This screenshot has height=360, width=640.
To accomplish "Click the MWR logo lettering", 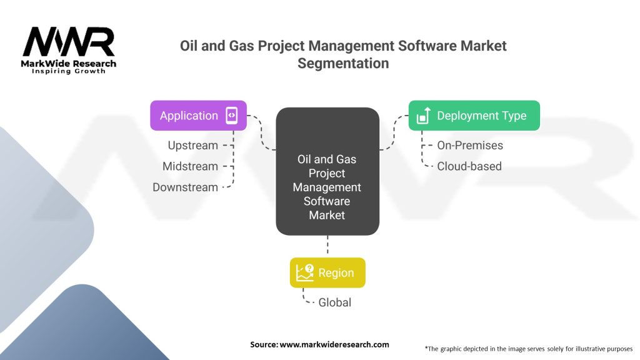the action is coord(69,42).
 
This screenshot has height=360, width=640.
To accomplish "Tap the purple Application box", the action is coord(198,116).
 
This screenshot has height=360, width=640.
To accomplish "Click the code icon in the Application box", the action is coord(231,116).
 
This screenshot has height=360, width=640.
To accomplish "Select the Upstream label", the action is coord(192,145).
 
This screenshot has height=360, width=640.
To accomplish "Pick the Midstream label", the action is coord(190,166).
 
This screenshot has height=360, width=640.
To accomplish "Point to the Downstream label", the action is coord(185,187).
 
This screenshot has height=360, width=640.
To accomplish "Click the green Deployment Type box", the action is coord(474,116).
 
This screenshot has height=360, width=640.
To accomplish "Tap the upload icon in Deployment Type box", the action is coord(424,116).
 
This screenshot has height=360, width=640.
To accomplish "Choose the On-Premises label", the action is coord(470,145).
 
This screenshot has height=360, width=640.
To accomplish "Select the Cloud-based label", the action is coord(469,166).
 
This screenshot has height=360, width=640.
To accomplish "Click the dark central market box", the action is coord(327,171).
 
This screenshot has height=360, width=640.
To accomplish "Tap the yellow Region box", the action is coord(327,272).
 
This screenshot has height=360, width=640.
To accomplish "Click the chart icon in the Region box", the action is coord(305,272).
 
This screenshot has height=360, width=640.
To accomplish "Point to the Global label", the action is coord(335,302).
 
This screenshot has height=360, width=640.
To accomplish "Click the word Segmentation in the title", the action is coord(343,63).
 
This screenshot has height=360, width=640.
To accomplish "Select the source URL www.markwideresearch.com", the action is coord(334,344).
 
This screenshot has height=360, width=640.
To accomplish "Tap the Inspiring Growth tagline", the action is coord(69,71).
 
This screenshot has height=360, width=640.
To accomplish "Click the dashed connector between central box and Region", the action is coord(327,244).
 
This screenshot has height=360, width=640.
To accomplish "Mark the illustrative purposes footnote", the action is coord(529,349).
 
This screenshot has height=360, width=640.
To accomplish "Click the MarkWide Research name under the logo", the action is coord(69,63).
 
